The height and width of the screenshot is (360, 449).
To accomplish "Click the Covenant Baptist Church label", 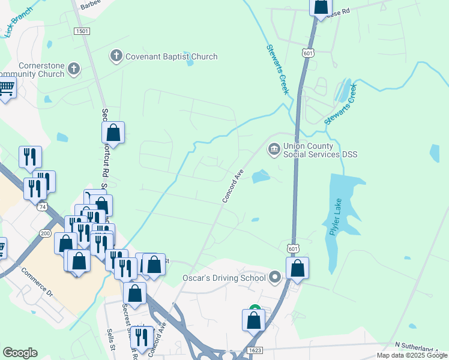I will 171,57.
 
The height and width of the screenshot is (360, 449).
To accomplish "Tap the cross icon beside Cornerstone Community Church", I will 74,68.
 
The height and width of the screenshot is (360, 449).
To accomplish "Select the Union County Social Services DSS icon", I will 274,148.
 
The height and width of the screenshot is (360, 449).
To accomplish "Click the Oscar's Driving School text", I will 224,278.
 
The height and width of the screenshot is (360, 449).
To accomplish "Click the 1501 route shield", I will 82,31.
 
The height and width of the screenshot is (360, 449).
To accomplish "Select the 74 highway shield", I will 42,206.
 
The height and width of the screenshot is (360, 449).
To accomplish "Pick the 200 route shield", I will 45,233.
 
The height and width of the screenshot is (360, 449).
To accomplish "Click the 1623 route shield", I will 254,350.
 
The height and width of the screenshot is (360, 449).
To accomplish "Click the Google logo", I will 20,353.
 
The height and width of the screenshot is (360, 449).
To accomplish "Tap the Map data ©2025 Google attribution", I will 412,355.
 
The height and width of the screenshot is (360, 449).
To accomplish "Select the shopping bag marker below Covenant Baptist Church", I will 113,133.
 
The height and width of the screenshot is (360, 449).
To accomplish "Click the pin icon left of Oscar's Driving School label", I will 276,277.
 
